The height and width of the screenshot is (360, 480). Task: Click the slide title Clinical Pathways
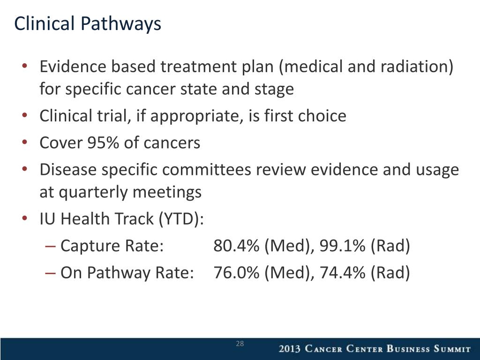coord(88,24)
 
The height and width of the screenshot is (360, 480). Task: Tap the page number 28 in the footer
coord(240,344)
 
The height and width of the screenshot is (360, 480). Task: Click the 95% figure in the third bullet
coord(103,142)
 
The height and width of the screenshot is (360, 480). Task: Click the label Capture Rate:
coord(112,245)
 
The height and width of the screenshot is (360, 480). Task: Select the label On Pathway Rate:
coord(127,272)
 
